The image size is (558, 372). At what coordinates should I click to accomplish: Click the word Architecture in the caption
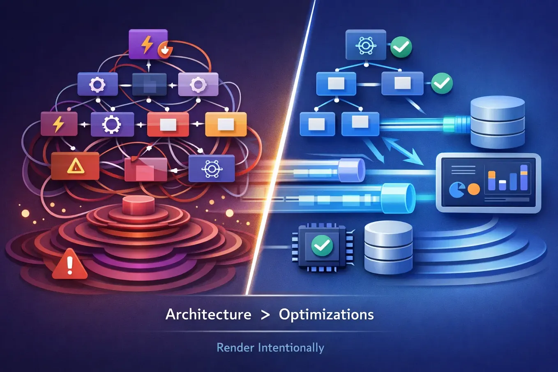point(208,315)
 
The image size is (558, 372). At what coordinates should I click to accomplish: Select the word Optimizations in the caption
point(326,315)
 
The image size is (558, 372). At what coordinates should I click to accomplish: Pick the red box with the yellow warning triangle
point(75,166)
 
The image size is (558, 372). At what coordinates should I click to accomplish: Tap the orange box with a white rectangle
point(226,124)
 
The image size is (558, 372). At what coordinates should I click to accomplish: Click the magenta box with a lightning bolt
point(59,124)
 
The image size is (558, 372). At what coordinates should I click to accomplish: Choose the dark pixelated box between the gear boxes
point(149,85)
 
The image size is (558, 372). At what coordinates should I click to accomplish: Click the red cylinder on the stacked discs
point(138,205)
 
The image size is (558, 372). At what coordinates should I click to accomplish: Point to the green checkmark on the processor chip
point(322,245)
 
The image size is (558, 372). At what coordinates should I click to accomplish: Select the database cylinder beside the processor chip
point(388,247)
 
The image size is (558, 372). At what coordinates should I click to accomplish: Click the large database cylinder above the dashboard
point(498,122)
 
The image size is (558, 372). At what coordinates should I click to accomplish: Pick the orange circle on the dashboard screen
point(474,189)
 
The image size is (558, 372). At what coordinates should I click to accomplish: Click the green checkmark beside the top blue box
point(401,46)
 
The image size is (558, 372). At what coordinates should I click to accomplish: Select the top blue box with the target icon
point(365,45)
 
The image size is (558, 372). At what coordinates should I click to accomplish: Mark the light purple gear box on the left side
point(198,85)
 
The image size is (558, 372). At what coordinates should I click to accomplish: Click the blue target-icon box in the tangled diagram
point(212,169)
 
